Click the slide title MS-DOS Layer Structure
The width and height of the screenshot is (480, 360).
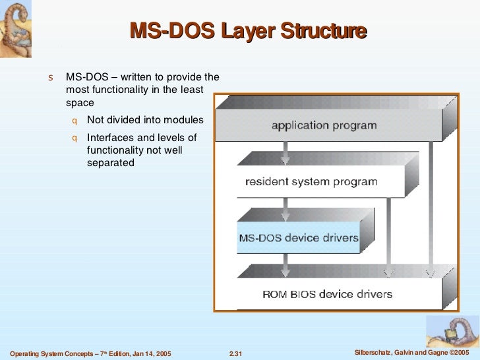[247, 31]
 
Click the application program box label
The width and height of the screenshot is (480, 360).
[324, 125]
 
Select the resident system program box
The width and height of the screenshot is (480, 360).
[311, 181]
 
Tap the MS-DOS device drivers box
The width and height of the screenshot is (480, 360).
[298, 238]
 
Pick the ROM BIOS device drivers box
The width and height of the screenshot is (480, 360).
[327, 294]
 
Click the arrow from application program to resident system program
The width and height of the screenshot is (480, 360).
[285, 153]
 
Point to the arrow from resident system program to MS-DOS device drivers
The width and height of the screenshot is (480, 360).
[285, 209]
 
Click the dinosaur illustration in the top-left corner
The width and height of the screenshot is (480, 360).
[17, 26]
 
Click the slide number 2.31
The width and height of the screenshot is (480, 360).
[235, 354]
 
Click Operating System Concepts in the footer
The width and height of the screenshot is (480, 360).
[50, 354]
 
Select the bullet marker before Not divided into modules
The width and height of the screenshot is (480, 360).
[75, 121]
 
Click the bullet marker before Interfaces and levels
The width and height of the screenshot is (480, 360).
[75, 138]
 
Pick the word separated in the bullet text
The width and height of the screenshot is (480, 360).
[110, 163]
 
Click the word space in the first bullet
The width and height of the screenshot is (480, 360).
[80, 103]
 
